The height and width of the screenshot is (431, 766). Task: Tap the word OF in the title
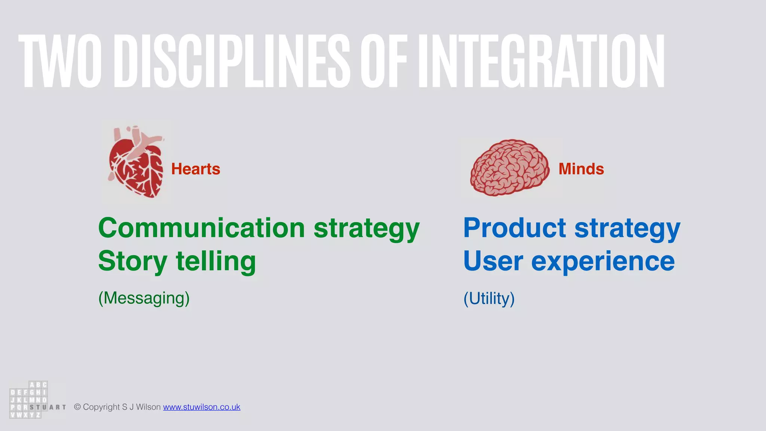384,61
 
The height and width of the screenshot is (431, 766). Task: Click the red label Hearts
196,169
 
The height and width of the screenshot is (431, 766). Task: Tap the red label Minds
581,169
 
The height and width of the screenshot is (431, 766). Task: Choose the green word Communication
202,228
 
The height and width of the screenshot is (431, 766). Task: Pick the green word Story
132,262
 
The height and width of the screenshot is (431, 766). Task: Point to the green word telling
216,262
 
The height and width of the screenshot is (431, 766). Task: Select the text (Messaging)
144,298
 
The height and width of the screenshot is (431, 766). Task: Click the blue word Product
515,228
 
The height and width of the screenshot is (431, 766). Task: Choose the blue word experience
603,262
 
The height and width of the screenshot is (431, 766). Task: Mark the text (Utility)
489,299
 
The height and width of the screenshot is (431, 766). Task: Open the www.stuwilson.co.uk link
202,407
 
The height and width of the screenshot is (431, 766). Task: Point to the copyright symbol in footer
77,407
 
